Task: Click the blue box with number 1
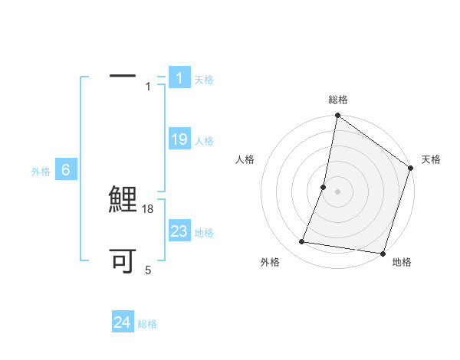[x=179, y=78]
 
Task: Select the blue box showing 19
[x=179, y=139]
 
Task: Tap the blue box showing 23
[x=179, y=231]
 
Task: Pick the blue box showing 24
[x=122, y=322]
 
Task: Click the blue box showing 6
[x=66, y=171]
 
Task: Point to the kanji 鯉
[x=123, y=201]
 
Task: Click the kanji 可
[x=123, y=262]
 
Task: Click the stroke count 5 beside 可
[x=149, y=270]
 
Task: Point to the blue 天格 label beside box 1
[x=204, y=80]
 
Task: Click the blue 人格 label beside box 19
[x=204, y=141]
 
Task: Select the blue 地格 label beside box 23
[x=204, y=233]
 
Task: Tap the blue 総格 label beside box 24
[x=147, y=324]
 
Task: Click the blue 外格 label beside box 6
[x=41, y=172]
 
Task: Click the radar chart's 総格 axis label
[x=337, y=100]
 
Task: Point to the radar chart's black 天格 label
[x=431, y=159]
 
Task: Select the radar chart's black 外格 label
[x=270, y=262]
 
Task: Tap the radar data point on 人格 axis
[x=324, y=187]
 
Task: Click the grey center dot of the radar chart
[x=337, y=191]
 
